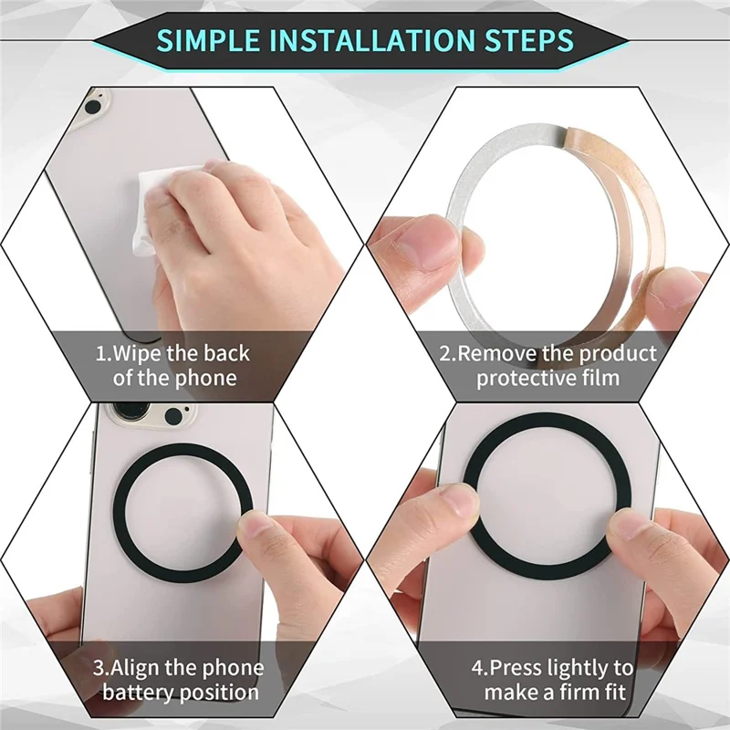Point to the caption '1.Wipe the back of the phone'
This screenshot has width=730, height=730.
point(173,365)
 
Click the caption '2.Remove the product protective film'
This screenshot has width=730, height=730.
point(547,365)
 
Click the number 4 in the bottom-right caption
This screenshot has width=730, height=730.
point(476,669)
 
